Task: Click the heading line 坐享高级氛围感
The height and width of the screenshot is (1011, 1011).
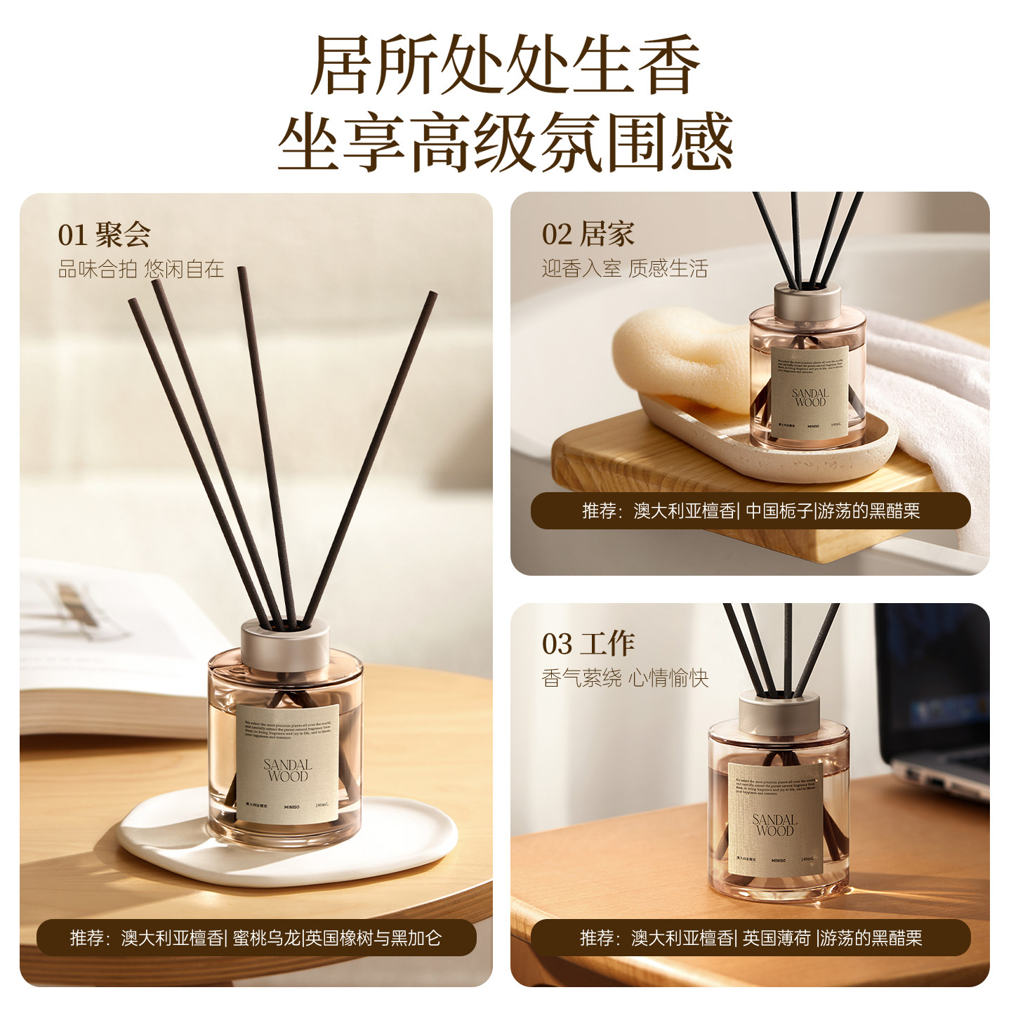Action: click(x=505, y=143)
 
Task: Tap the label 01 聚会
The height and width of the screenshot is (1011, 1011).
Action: click(x=104, y=234)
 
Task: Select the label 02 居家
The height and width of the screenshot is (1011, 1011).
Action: click(x=588, y=234)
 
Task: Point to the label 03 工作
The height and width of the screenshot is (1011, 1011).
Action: click(x=588, y=644)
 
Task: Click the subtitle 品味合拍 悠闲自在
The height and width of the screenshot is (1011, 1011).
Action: click(x=140, y=269)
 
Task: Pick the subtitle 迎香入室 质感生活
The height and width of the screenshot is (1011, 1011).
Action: click(x=624, y=269)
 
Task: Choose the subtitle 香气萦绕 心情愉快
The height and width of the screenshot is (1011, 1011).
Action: click(x=624, y=678)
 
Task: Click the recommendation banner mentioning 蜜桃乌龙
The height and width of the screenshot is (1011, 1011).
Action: click(x=256, y=937)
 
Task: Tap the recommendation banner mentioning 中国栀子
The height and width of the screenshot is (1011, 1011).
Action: click(x=751, y=510)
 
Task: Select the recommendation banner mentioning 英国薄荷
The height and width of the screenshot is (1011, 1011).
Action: click(x=751, y=937)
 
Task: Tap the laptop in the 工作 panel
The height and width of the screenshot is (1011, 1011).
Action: click(x=934, y=702)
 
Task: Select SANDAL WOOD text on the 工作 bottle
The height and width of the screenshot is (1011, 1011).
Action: click(x=774, y=825)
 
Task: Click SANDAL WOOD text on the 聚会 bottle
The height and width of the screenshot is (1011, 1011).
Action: click(x=287, y=770)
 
